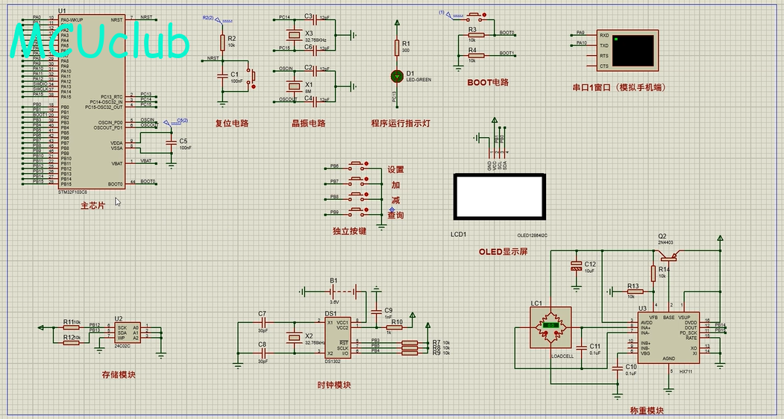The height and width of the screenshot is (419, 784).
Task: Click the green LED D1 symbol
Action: [x=397, y=76]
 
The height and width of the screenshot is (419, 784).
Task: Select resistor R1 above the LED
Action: [x=397, y=47]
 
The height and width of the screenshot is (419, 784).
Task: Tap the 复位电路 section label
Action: [x=231, y=124]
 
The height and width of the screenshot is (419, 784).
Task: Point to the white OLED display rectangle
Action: [x=499, y=198]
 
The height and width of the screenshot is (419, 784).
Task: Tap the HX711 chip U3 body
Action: [x=674, y=338]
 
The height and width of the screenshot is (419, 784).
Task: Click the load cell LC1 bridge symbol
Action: [x=551, y=326]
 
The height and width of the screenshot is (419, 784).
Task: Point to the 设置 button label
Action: [x=395, y=170]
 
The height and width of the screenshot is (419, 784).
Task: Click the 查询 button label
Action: [x=395, y=215]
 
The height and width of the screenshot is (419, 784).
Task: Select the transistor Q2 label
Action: [x=662, y=236]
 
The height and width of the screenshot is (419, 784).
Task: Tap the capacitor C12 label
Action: [x=589, y=264]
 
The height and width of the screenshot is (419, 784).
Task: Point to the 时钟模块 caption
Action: [x=333, y=385]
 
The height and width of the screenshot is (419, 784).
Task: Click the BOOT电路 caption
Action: [x=488, y=82]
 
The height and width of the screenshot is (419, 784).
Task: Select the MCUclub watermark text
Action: [x=101, y=42]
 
